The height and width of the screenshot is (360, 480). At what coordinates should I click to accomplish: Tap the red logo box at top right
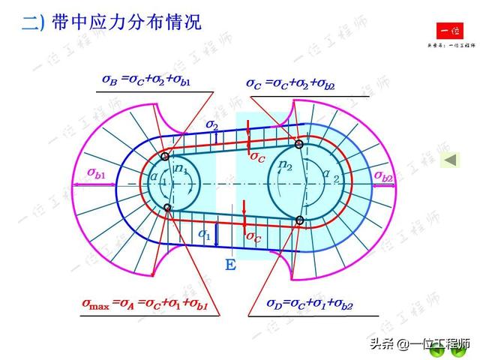[x=450, y=31]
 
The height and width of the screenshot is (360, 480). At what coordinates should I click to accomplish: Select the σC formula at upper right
[x=291, y=84]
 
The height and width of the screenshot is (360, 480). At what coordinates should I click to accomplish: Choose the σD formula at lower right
[x=310, y=304]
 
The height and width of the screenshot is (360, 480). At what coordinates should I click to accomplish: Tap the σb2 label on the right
[x=383, y=175]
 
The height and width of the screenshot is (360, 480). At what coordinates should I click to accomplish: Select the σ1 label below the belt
[x=204, y=235]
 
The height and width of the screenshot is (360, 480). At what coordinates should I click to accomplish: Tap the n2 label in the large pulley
[x=286, y=165]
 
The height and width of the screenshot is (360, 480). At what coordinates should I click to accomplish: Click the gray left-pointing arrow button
[x=451, y=160]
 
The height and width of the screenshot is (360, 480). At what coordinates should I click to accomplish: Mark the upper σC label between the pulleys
[x=256, y=157]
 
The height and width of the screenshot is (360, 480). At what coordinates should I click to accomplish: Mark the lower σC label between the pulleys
[x=253, y=236]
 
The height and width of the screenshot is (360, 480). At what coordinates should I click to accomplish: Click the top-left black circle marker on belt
[x=165, y=156]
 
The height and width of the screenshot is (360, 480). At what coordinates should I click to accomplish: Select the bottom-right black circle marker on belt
[x=299, y=220]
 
